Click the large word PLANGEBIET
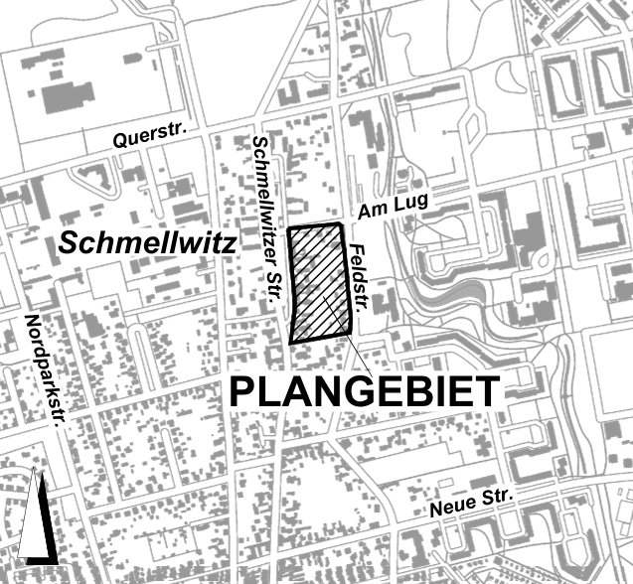tap(365, 391)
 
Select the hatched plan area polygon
tap(320, 283)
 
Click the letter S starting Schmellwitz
tap(70, 242)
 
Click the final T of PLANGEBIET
tap(486, 391)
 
